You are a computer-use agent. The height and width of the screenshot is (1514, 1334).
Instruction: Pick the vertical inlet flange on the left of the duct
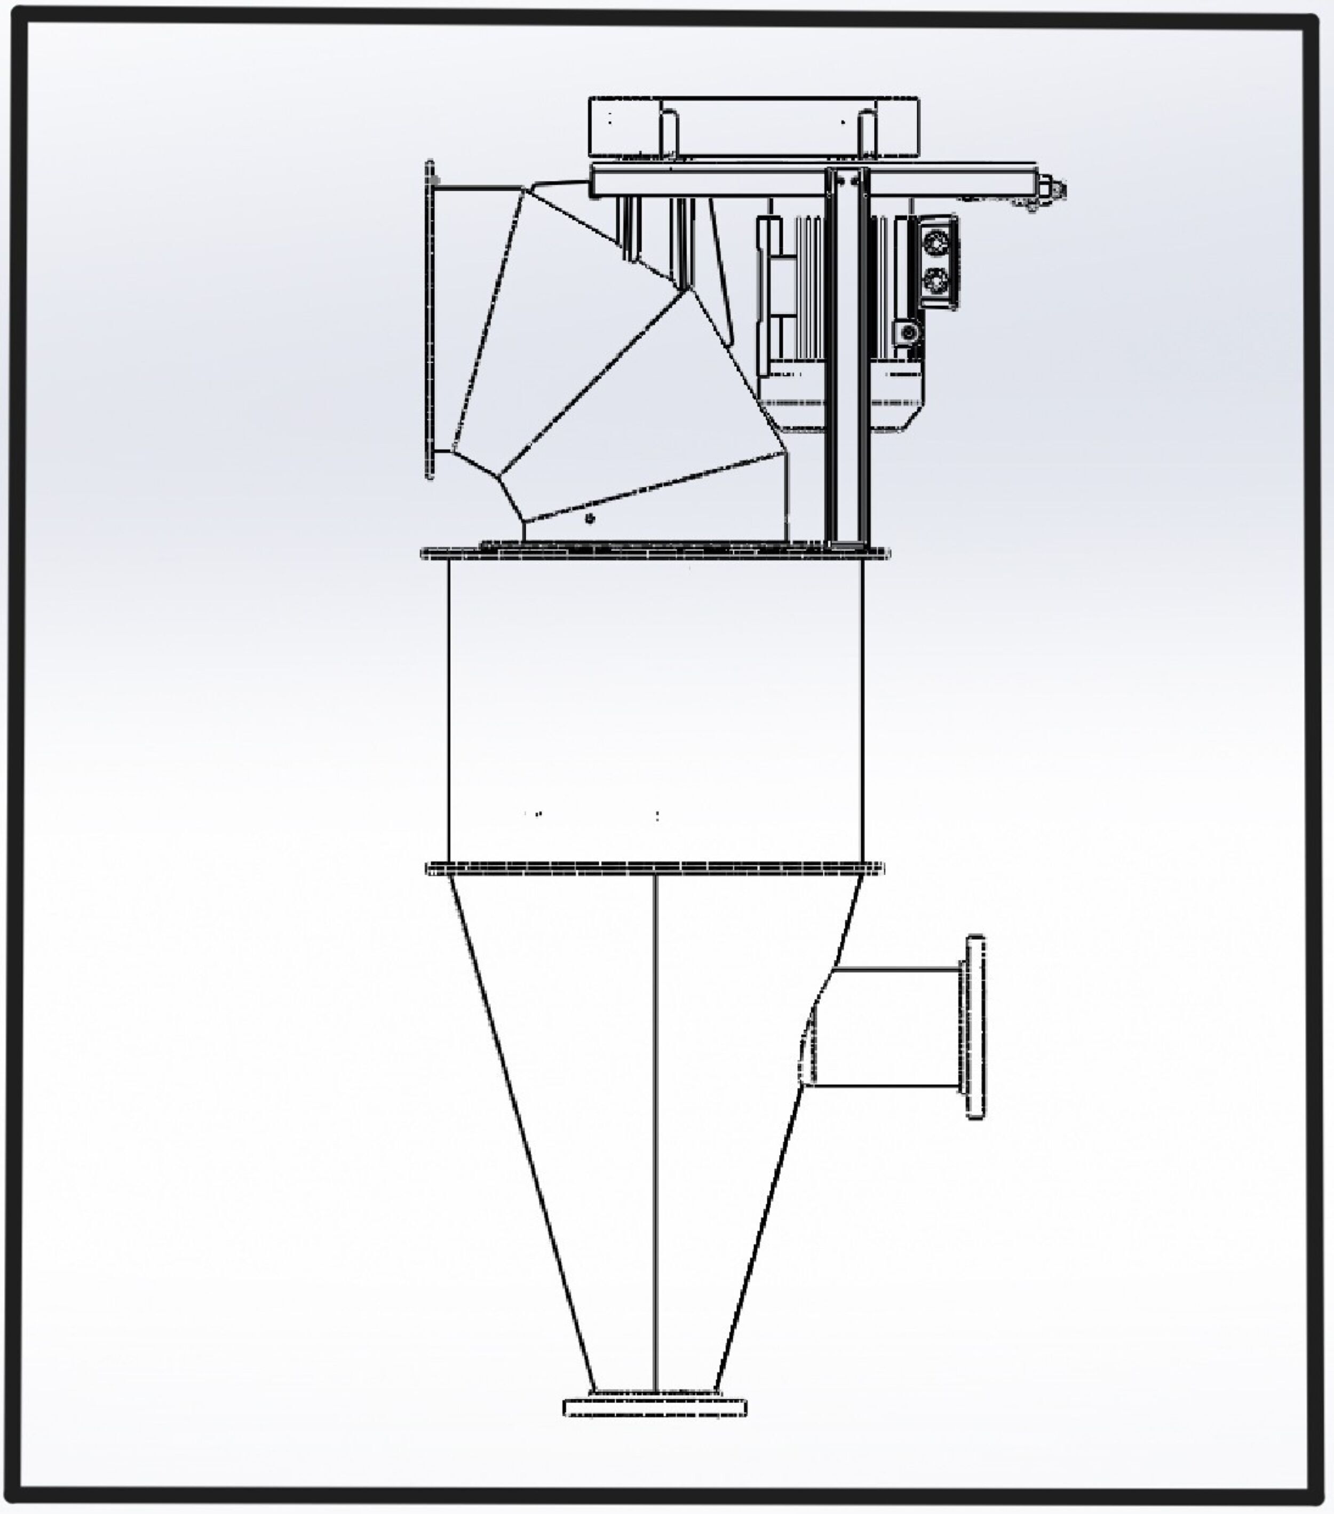coord(430,319)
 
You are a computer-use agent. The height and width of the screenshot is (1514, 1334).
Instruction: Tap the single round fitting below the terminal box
coord(908,333)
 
